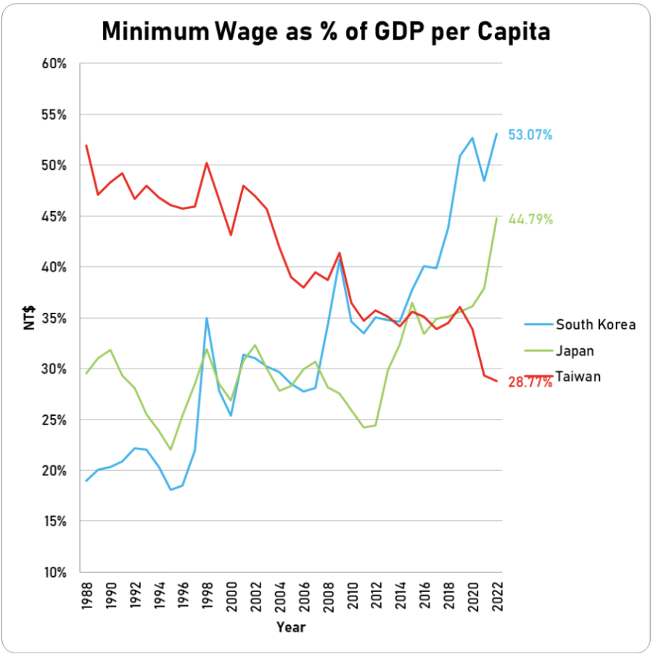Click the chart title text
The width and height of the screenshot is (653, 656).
325,31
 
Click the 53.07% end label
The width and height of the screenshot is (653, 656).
530,135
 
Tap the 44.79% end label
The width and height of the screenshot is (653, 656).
530,219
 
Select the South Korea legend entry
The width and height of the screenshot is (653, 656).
595,324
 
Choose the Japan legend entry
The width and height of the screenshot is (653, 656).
575,351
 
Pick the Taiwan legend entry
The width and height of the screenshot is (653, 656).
578,377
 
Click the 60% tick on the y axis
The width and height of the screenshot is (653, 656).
54,64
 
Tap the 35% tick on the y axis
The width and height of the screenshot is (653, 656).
54,318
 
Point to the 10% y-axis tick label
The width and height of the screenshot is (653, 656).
54,572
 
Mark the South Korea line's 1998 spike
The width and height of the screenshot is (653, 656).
208,318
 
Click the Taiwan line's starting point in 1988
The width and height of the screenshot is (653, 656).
86,145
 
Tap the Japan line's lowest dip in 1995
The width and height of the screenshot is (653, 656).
171,449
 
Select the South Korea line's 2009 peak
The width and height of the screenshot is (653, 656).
340,259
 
